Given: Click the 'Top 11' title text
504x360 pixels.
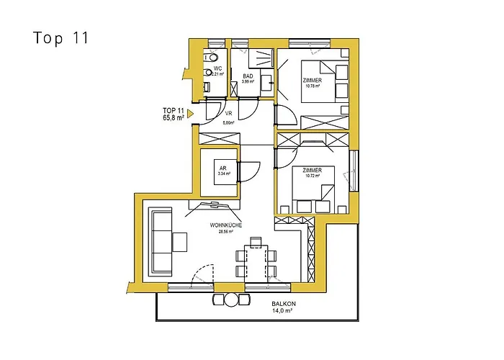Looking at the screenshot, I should [60, 38].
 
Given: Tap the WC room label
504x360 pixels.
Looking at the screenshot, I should [217, 68].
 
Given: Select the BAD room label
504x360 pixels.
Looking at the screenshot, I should [248, 76].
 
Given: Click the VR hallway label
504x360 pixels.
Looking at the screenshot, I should [228, 114].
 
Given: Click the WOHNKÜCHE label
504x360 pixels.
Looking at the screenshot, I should [225, 225].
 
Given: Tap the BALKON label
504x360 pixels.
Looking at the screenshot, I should [283, 304].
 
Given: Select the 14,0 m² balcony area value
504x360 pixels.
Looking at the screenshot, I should [283, 311].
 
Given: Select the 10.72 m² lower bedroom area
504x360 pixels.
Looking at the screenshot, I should [312, 176].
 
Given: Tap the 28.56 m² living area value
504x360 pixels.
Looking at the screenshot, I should [225, 233].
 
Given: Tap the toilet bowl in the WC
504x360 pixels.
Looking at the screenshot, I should [212, 57].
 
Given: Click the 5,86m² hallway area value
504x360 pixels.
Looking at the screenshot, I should [228, 122].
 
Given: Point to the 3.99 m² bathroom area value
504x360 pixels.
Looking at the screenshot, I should [248, 81].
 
